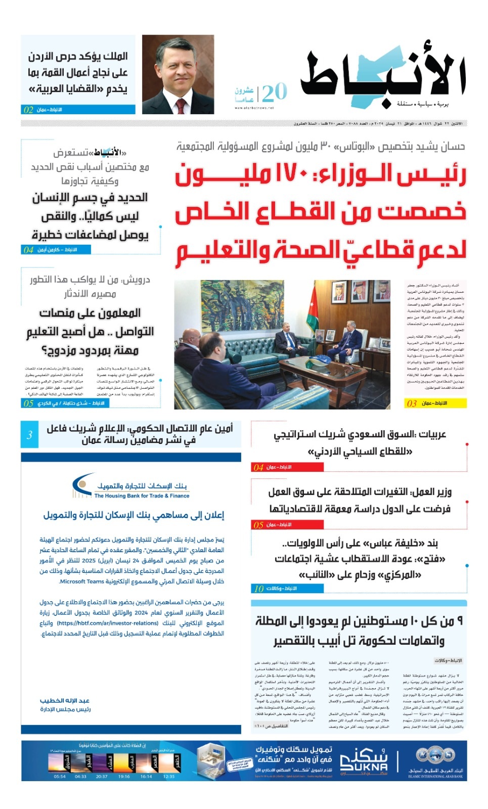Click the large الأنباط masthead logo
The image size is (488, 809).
coord(383,76)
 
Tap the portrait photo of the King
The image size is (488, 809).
coord(178,74)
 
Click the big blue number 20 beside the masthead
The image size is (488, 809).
coord(275,93)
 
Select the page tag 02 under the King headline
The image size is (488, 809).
coord(29,110)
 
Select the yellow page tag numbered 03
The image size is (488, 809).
coord(412,403)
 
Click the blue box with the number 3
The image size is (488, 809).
coord(29,434)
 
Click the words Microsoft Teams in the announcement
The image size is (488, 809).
coord(82,581)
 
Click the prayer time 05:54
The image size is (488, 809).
coord(60,776)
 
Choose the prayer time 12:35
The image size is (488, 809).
coord(169,776)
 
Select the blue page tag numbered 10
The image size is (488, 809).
coord(259,589)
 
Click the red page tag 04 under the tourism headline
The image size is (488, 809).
coord(258,467)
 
